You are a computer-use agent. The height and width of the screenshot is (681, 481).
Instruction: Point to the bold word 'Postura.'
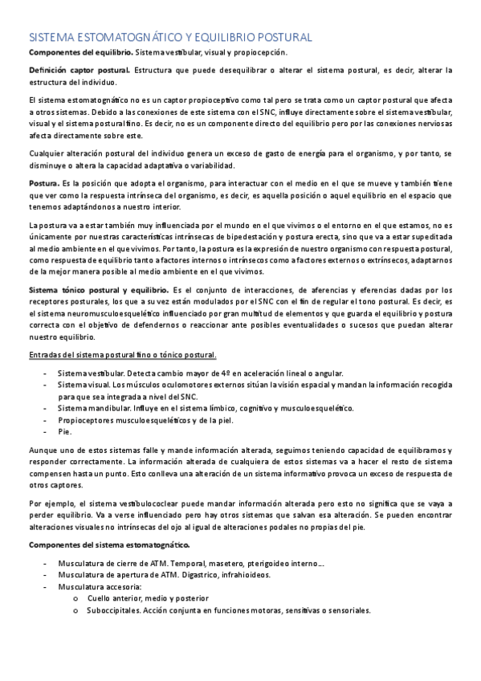[44, 184]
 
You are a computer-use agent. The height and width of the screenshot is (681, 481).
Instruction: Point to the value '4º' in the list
[225, 373]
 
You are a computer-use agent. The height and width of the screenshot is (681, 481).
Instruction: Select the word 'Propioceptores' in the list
[88, 419]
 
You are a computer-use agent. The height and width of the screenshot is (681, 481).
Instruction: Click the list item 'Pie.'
[64, 431]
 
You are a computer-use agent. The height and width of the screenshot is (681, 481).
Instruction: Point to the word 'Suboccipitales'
[116, 610]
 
